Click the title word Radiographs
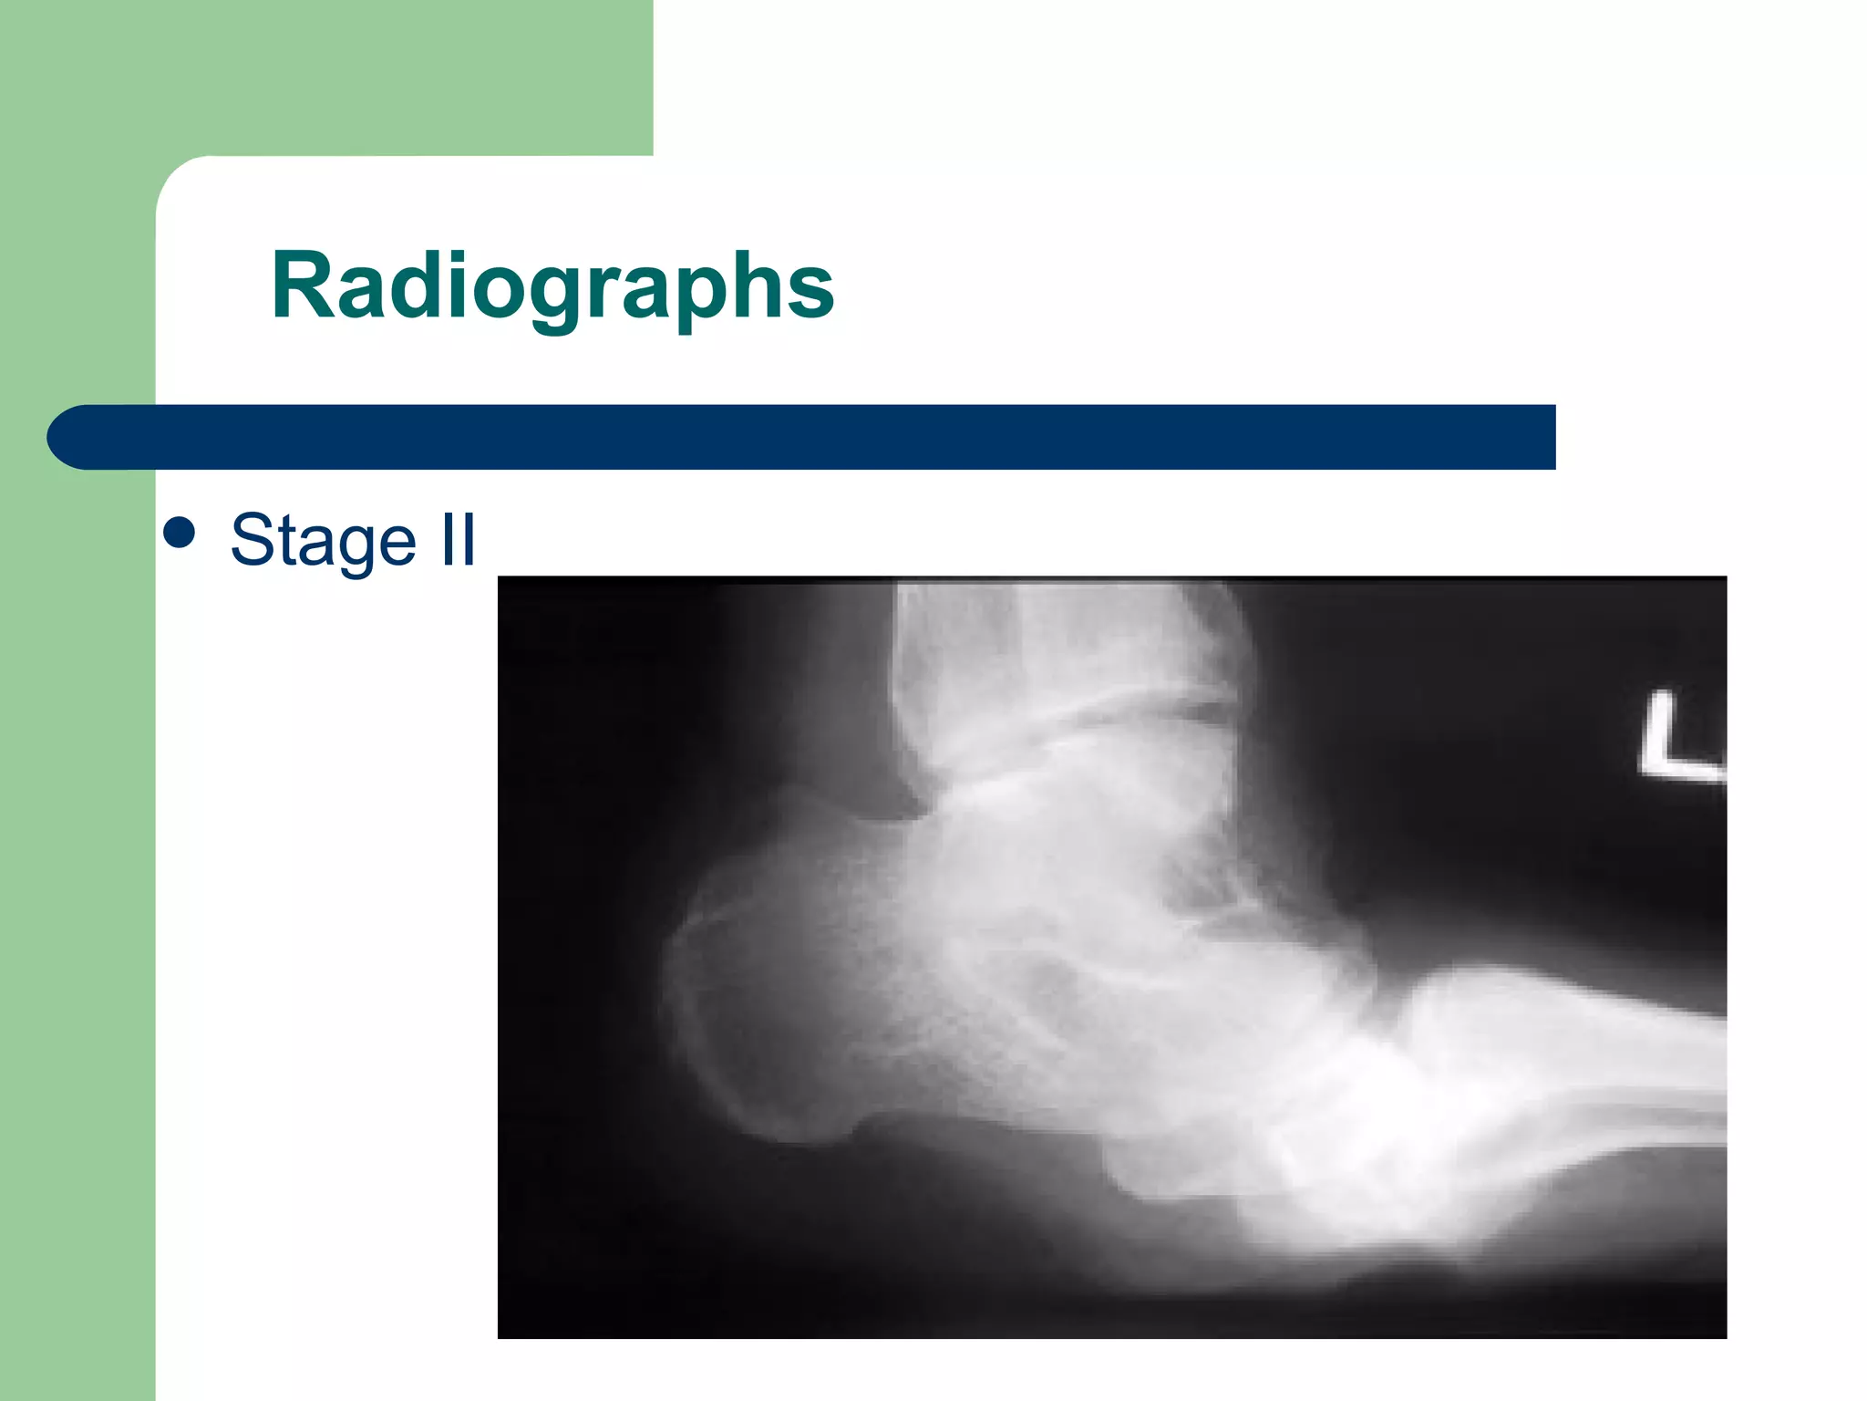click(x=552, y=286)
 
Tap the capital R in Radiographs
click(x=303, y=286)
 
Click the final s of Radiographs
click(x=810, y=294)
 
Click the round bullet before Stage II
click(x=180, y=534)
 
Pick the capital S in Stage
click(x=252, y=540)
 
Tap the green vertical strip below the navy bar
click(x=77, y=912)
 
